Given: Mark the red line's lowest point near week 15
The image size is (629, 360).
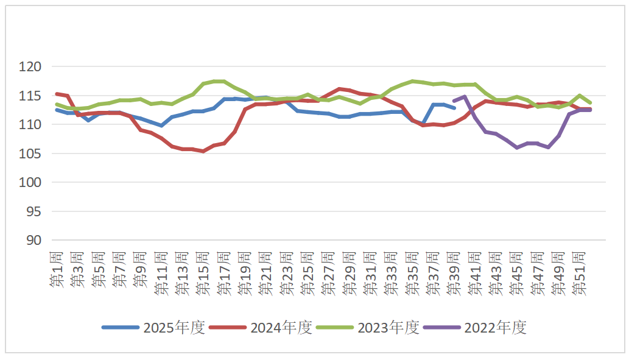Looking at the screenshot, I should pyautogui.click(x=203, y=150).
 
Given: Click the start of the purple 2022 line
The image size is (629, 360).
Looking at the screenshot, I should pyautogui.click(x=454, y=101).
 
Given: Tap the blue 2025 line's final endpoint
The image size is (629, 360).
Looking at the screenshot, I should pyautogui.click(x=454, y=108).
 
